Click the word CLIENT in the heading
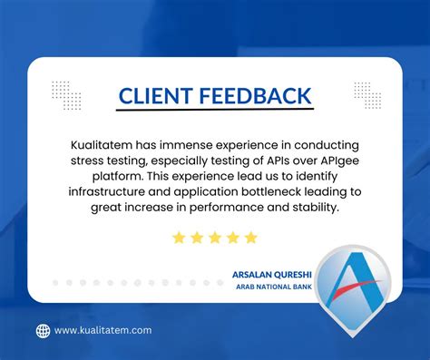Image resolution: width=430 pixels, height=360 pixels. (x=157, y=95)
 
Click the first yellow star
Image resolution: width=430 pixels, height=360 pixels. (x=179, y=238)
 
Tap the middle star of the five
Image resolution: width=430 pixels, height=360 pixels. (x=215, y=238)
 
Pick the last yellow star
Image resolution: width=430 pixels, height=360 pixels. (x=251, y=238)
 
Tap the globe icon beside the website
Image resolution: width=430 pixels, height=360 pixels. (x=43, y=331)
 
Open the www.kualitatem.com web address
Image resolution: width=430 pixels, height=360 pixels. (x=103, y=331)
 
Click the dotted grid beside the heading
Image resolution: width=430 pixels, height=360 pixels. (x=66, y=94)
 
